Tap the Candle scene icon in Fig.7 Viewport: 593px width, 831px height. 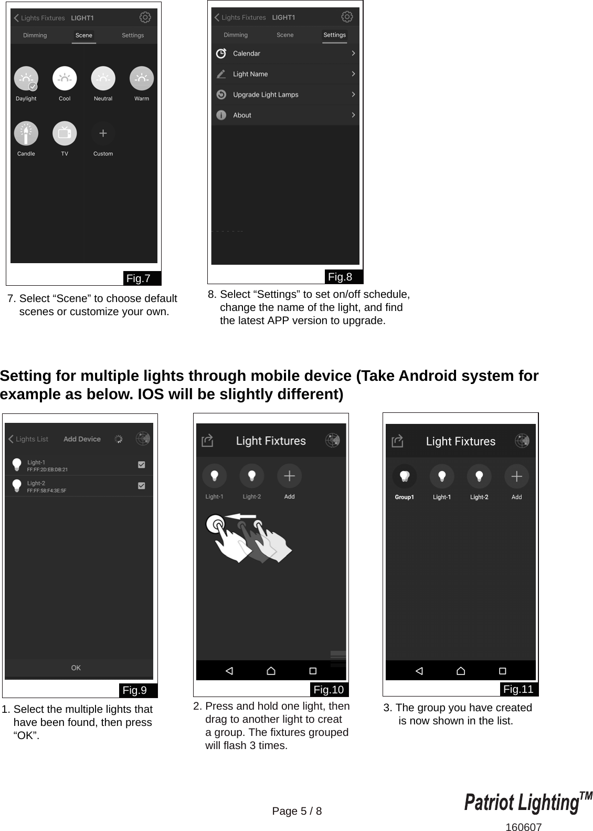tap(26, 133)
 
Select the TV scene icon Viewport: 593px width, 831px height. tap(65, 133)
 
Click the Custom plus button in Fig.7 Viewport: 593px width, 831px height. tap(103, 133)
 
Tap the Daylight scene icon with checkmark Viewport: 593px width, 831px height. tap(26, 79)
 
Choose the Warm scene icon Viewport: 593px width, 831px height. tap(141, 79)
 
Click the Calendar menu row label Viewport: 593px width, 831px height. tap(246, 54)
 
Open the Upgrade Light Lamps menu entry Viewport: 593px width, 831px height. tap(265, 95)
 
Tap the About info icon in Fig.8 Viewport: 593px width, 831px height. tap(221, 115)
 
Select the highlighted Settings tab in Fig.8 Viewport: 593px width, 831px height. tap(334, 35)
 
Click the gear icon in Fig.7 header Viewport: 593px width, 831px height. tap(145, 17)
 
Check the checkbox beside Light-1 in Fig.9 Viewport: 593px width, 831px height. tap(141, 465)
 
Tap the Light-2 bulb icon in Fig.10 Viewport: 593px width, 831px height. tap(252, 476)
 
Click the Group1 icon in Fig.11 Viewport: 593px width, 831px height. tap(404, 476)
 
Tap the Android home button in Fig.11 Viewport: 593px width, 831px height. tap(461, 671)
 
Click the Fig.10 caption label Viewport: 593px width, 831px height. tap(329, 690)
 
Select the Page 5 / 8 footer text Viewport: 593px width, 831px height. tap(297, 811)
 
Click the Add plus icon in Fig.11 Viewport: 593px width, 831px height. tap(516, 476)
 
